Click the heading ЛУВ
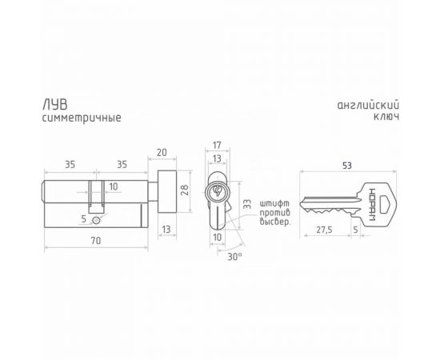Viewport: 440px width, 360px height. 54,104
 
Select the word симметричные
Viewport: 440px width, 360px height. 81,118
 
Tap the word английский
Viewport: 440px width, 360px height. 369,106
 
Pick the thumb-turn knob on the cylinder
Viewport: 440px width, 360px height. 169,191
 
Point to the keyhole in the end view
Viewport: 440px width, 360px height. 217,191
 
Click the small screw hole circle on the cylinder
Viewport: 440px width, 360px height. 97,218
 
